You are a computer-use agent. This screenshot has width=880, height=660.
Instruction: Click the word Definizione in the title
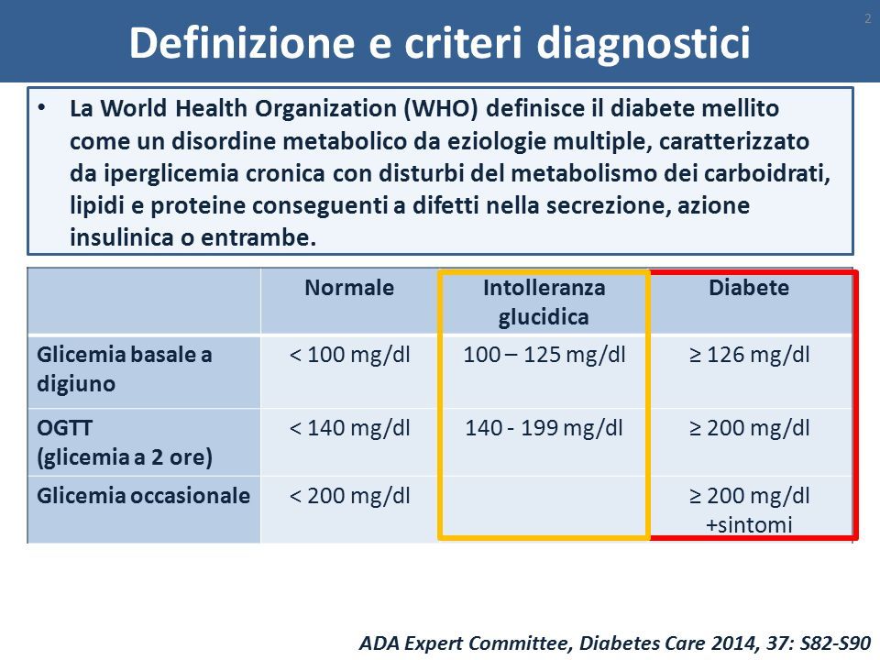[x=242, y=43]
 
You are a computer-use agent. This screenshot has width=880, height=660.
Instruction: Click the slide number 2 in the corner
[x=868, y=19]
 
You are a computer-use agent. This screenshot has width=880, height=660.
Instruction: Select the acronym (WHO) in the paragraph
[x=441, y=108]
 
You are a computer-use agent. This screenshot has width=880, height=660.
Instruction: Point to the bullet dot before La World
[x=41, y=108]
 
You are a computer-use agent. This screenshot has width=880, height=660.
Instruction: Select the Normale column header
[x=349, y=288]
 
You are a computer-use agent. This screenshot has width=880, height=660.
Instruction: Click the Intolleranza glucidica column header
[x=544, y=302]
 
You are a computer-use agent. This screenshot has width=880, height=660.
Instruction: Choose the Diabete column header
[x=749, y=288]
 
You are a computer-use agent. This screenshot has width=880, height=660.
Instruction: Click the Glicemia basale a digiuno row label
[x=124, y=369]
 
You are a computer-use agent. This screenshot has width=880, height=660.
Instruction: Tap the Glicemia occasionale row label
[x=143, y=496]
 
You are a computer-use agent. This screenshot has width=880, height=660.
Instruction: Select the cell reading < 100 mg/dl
[x=349, y=356]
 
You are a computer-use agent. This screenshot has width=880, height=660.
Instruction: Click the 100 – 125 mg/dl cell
[x=544, y=356]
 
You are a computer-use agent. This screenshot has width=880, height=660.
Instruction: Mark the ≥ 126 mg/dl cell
[x=749, y=356]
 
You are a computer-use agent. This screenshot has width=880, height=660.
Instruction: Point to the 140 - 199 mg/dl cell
[x=544, y=428]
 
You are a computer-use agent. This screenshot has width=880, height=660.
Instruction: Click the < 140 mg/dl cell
[x=349, y=428]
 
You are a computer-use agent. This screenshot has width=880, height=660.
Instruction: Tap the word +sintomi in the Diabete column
[x=749, y=525]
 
